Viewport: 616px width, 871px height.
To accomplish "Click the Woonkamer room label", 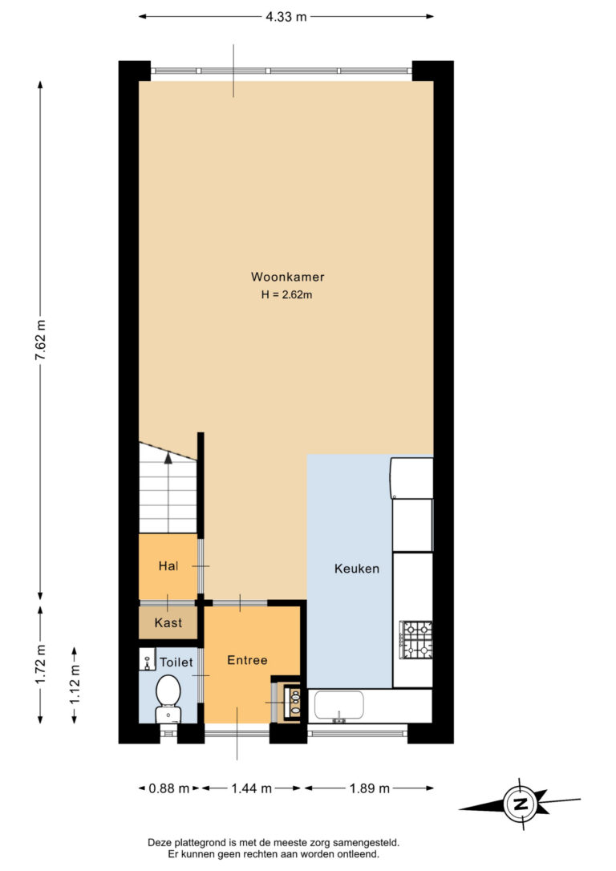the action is [x=287, y=277].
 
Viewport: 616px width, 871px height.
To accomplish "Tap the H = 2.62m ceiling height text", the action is [x=286, y=295].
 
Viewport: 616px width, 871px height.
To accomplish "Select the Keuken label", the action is [x=357, y=569].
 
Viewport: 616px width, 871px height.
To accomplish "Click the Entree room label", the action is [x=247, y=660].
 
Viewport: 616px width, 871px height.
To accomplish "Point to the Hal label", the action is [x=168, y=566].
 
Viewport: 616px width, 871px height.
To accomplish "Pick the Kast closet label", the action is [x=168, y=622].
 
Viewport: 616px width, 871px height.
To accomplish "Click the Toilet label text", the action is [x=176, y=662].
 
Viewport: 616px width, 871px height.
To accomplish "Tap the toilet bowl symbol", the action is [x=168, y=699].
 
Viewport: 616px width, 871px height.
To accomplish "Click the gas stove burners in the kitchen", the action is [x=416, y=639].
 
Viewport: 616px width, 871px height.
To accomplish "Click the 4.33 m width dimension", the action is [x=286, y=17].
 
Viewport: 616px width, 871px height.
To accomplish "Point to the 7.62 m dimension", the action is [x=41, y=340].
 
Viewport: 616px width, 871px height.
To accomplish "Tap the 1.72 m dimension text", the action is [x=41, y=665].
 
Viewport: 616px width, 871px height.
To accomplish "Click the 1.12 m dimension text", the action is [x=75, y=685].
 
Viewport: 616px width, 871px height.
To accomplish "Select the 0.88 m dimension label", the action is [x=169, y=788].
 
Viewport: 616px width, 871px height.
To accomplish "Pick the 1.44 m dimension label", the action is [x=252, y=788].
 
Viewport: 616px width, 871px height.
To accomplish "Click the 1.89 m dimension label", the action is [x=370, y=788].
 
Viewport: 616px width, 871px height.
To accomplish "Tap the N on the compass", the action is [x=521, y=804].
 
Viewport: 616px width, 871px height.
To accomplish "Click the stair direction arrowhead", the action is [x=168, y=457].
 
